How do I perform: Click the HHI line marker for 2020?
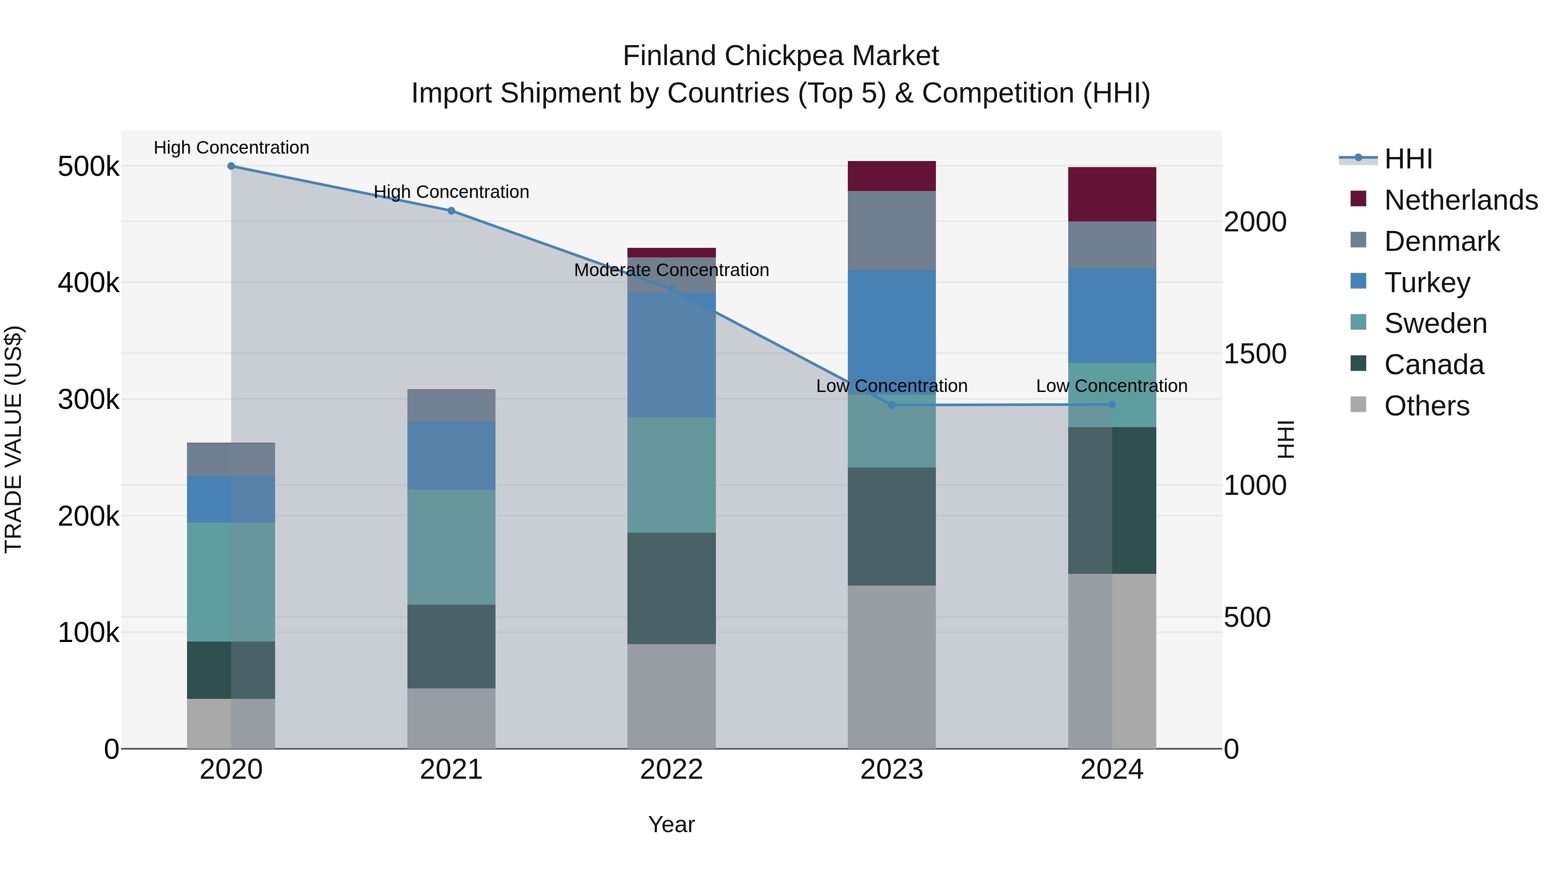point(231,166)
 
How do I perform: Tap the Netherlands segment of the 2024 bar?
point(1112,194)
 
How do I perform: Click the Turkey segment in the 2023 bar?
point(891,333)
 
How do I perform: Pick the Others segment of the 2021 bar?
point(451,718)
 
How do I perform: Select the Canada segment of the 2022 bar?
point(671,589)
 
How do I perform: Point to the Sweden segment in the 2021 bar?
point(451,547)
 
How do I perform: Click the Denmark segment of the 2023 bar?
point(891,230)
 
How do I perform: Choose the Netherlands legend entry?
point(1461,200)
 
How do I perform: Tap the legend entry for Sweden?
point(1435,323)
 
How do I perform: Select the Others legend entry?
point(1426,406)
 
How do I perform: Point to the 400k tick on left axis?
point(89,283)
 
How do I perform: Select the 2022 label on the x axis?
point(671,770)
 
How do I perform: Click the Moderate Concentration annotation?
point(671,270)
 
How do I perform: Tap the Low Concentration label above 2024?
point(1112,386)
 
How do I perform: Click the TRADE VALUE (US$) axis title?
point(13,439)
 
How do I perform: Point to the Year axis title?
point(671,824)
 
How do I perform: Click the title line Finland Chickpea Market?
point(781,56)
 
